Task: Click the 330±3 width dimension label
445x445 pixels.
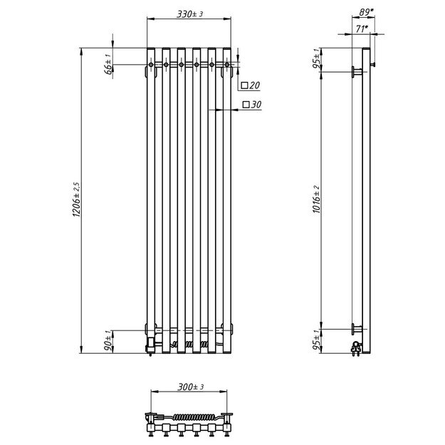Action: (189, 14)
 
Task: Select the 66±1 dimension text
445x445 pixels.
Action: (108, 64)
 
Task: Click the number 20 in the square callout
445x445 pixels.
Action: (256, 85)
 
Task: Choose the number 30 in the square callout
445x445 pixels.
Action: (256, 105)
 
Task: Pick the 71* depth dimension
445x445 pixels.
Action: (362, 28)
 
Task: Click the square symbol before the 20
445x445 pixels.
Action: (244, 85)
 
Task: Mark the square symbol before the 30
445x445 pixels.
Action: (246, 105)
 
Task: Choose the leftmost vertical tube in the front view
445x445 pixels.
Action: (151, 199)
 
